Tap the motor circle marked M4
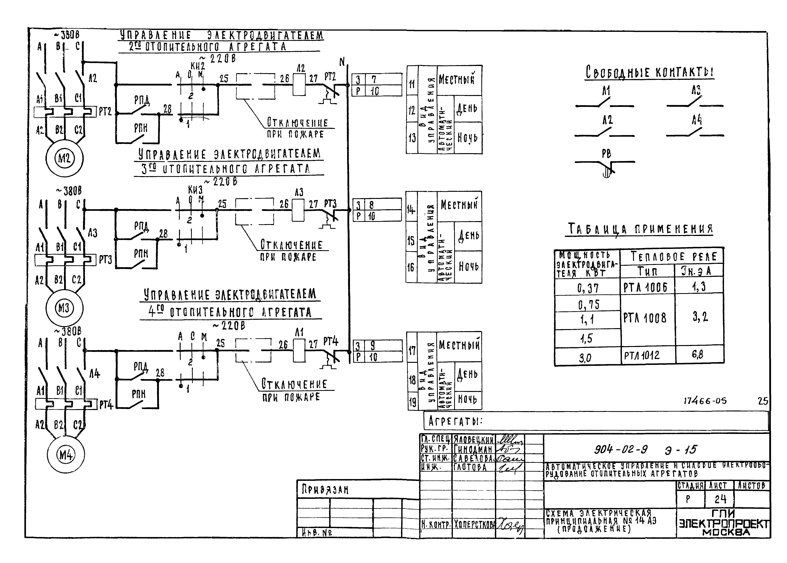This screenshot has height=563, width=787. point(65,455)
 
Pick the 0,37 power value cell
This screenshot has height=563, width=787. point(588,287)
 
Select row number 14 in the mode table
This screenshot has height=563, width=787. point(411,209)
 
